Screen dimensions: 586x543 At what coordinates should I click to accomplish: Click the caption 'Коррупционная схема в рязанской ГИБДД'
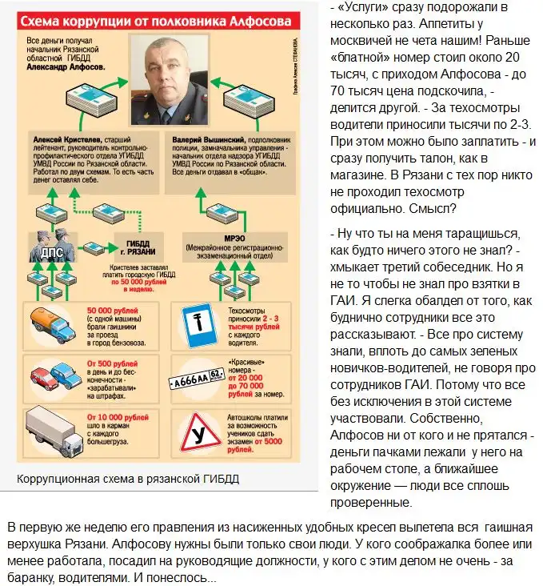(128, 479)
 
